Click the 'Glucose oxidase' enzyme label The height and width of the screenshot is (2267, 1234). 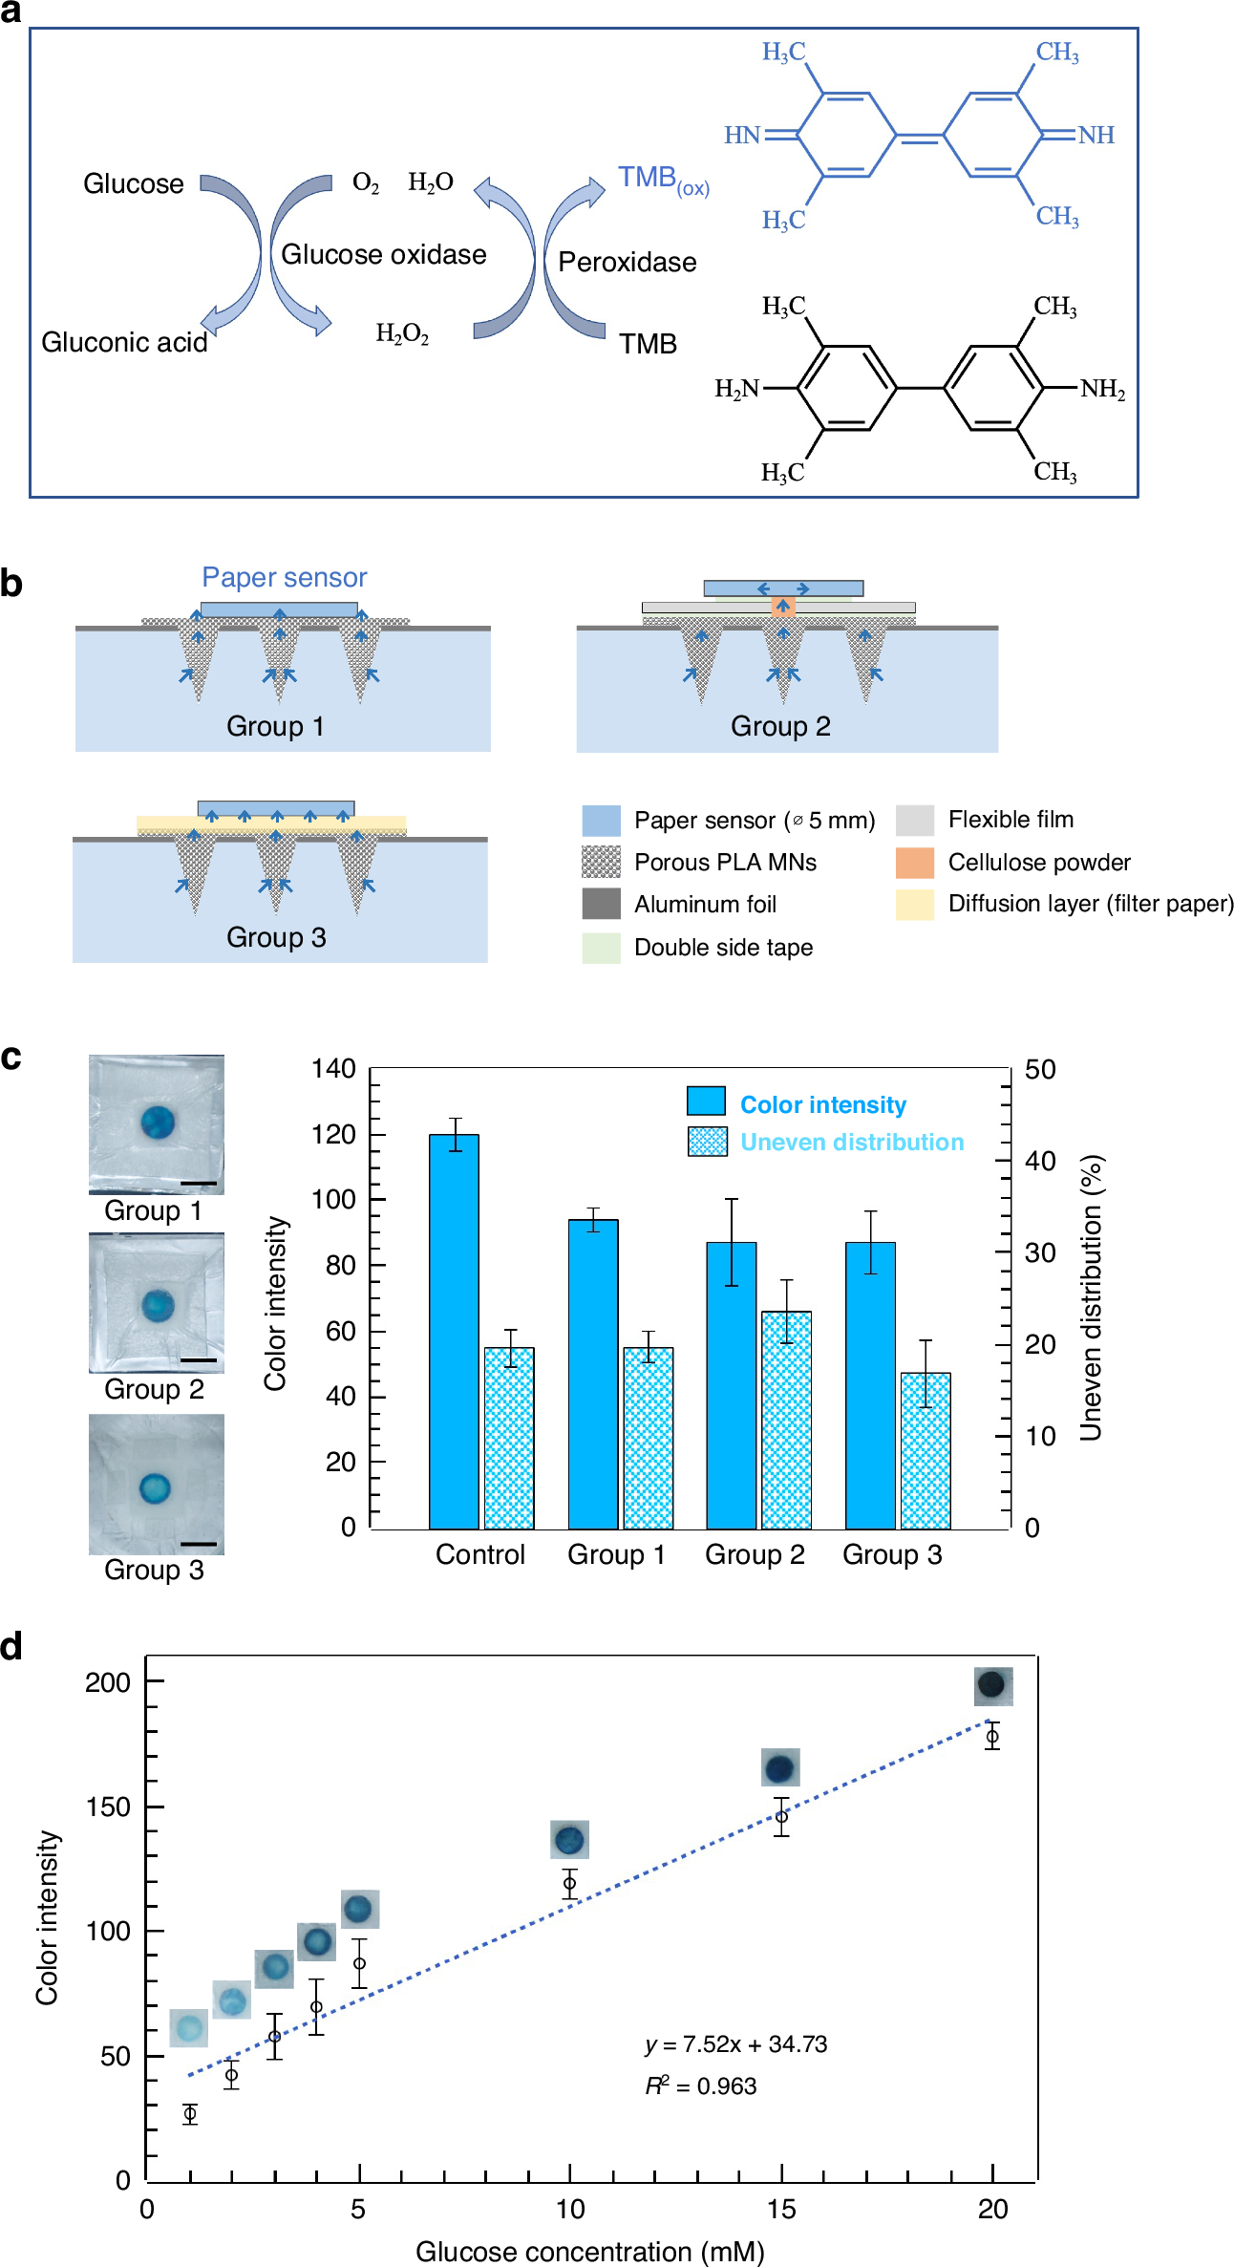(383, 255)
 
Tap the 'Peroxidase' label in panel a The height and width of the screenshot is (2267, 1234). (627, 263)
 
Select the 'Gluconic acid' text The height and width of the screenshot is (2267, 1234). (124, 342)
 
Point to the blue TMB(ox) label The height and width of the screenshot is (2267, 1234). (662, 179)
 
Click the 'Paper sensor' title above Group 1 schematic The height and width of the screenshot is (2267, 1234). (284, 578)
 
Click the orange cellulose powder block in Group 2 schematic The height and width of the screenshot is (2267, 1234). (783, 606)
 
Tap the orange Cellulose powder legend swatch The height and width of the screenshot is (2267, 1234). (914, 863)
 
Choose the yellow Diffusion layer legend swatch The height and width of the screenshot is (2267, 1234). (914, 904)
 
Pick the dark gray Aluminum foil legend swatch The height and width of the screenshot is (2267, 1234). (601, 904)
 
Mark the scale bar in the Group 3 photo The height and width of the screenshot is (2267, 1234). (198, 1544)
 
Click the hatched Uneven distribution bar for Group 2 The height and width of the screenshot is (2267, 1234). (786, 1420)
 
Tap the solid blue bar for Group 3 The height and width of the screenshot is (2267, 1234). (870, 1385)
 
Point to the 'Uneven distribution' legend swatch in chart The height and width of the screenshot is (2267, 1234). (708, 1142)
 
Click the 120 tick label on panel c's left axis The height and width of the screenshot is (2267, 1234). (333, 1135)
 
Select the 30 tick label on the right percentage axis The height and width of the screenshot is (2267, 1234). (1040, 1252)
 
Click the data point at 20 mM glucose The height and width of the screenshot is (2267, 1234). (992, 1737)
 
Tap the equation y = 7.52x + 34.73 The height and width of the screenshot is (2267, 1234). (735, 2044)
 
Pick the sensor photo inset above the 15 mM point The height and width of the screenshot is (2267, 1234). (780, 1767)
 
